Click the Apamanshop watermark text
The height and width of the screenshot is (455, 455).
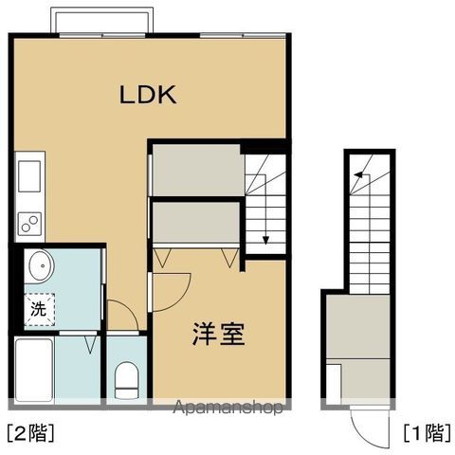coord(230,409)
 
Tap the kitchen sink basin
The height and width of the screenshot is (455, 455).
coord(27,175)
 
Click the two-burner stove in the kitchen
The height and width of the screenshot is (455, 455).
coord(27,223)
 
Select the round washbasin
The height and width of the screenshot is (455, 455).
coord(39,266)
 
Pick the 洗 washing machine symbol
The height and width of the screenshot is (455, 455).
coord(38,308)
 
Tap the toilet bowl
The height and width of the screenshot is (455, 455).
coord(125,381)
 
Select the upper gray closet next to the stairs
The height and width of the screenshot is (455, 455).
coord(195,169)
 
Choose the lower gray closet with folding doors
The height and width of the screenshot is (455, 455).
coord(195,225)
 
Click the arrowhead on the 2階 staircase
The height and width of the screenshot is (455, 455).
coord(266,238)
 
